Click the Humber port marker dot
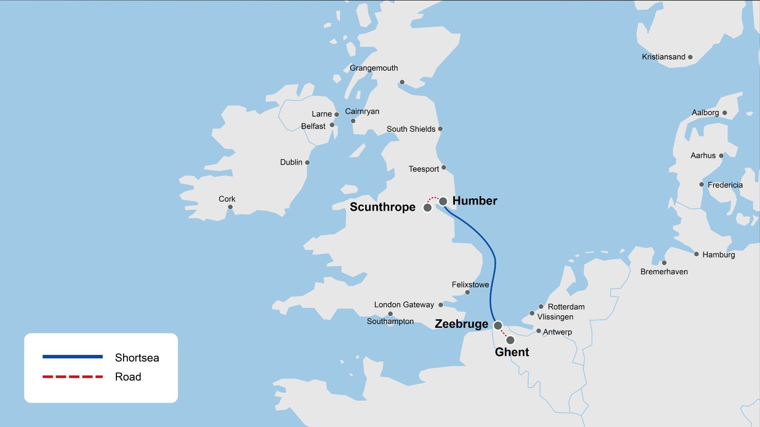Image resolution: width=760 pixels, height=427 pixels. point(443,202)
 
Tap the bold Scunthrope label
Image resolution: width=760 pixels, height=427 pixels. point(382,207)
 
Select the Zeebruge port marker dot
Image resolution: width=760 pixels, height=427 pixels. point(498,325)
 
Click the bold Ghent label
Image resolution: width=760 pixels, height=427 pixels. point(512,352)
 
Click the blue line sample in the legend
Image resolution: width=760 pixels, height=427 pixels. point(73,357)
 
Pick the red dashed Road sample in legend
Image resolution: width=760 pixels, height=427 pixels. point(73,377)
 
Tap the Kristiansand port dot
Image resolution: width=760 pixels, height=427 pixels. point(690,57)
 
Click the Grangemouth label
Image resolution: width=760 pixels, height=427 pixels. point(374,68)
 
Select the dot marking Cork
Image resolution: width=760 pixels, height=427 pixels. point(230,207)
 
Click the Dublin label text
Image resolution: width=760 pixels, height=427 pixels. point(291,162)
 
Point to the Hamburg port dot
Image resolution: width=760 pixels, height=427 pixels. point(696,254)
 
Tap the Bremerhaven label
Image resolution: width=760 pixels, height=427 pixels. point(664,272)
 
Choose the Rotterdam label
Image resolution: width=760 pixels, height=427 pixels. point(566,307)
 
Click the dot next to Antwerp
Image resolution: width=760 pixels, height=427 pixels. point(539,331)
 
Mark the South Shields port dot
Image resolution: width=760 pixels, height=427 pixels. point(440,129)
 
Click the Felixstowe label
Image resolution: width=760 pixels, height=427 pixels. point(470,285)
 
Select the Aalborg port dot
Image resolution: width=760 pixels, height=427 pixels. point(724,113)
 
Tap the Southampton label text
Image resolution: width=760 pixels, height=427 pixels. point(390,322)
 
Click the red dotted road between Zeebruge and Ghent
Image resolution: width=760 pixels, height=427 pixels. point(504,333)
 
